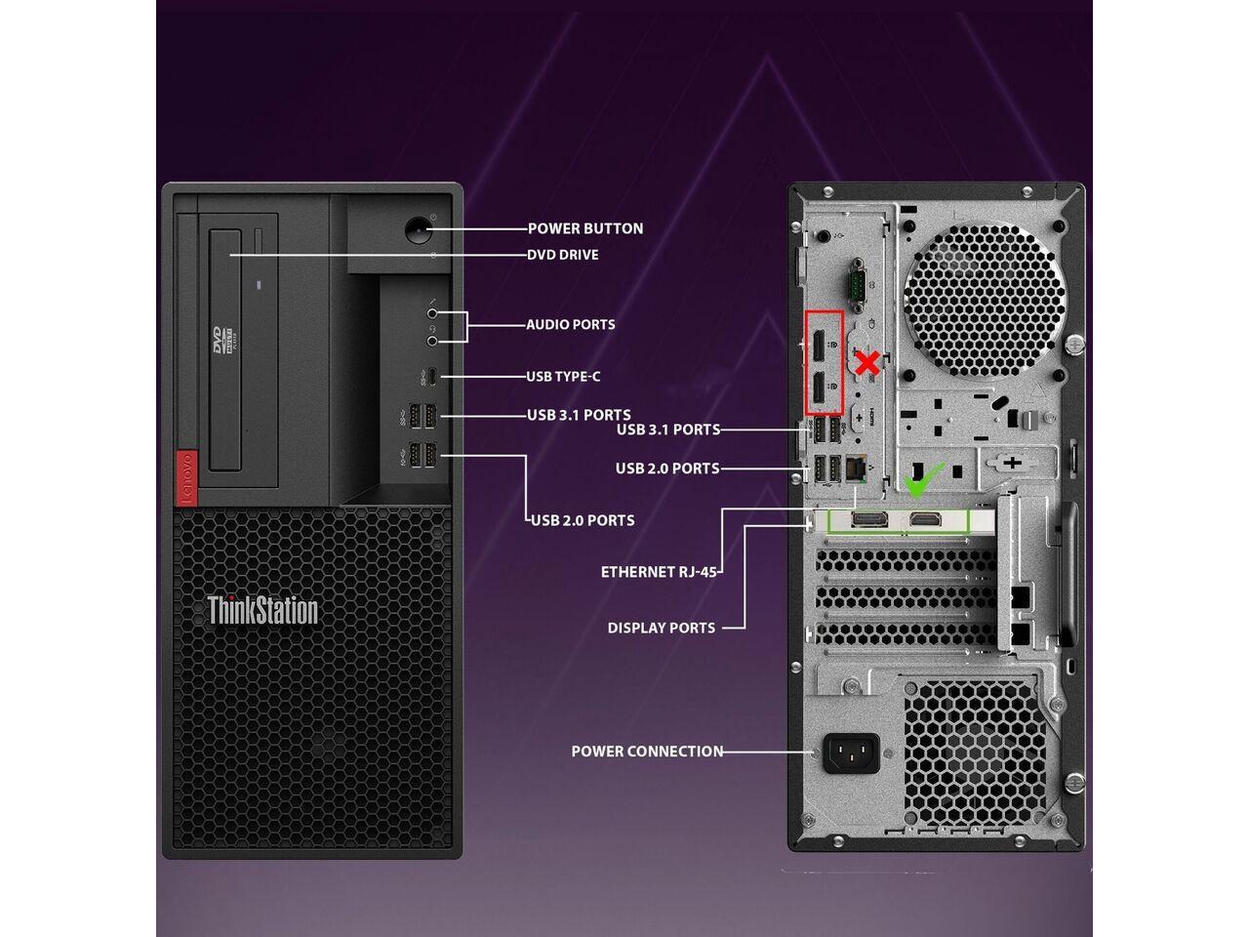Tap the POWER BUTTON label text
pos(585,228)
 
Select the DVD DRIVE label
pos(563,255)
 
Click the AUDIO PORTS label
pos(571,325)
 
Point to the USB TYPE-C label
pos(563,377)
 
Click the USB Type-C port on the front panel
pos(433,377)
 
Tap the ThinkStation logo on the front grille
pos(262,610)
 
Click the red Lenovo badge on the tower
pos(186,478)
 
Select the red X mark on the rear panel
pos(866,364)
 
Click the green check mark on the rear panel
pos(923,479)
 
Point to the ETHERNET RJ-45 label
pos(659,572)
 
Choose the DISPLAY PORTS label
pos(662,628)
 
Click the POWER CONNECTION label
pos(647,752)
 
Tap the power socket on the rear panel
pos(851,754)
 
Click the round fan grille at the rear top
pos(985,300)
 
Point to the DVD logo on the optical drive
pos(222,340)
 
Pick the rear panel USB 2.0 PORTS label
pos(667,468)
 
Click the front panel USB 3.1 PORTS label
pos(579,415)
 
